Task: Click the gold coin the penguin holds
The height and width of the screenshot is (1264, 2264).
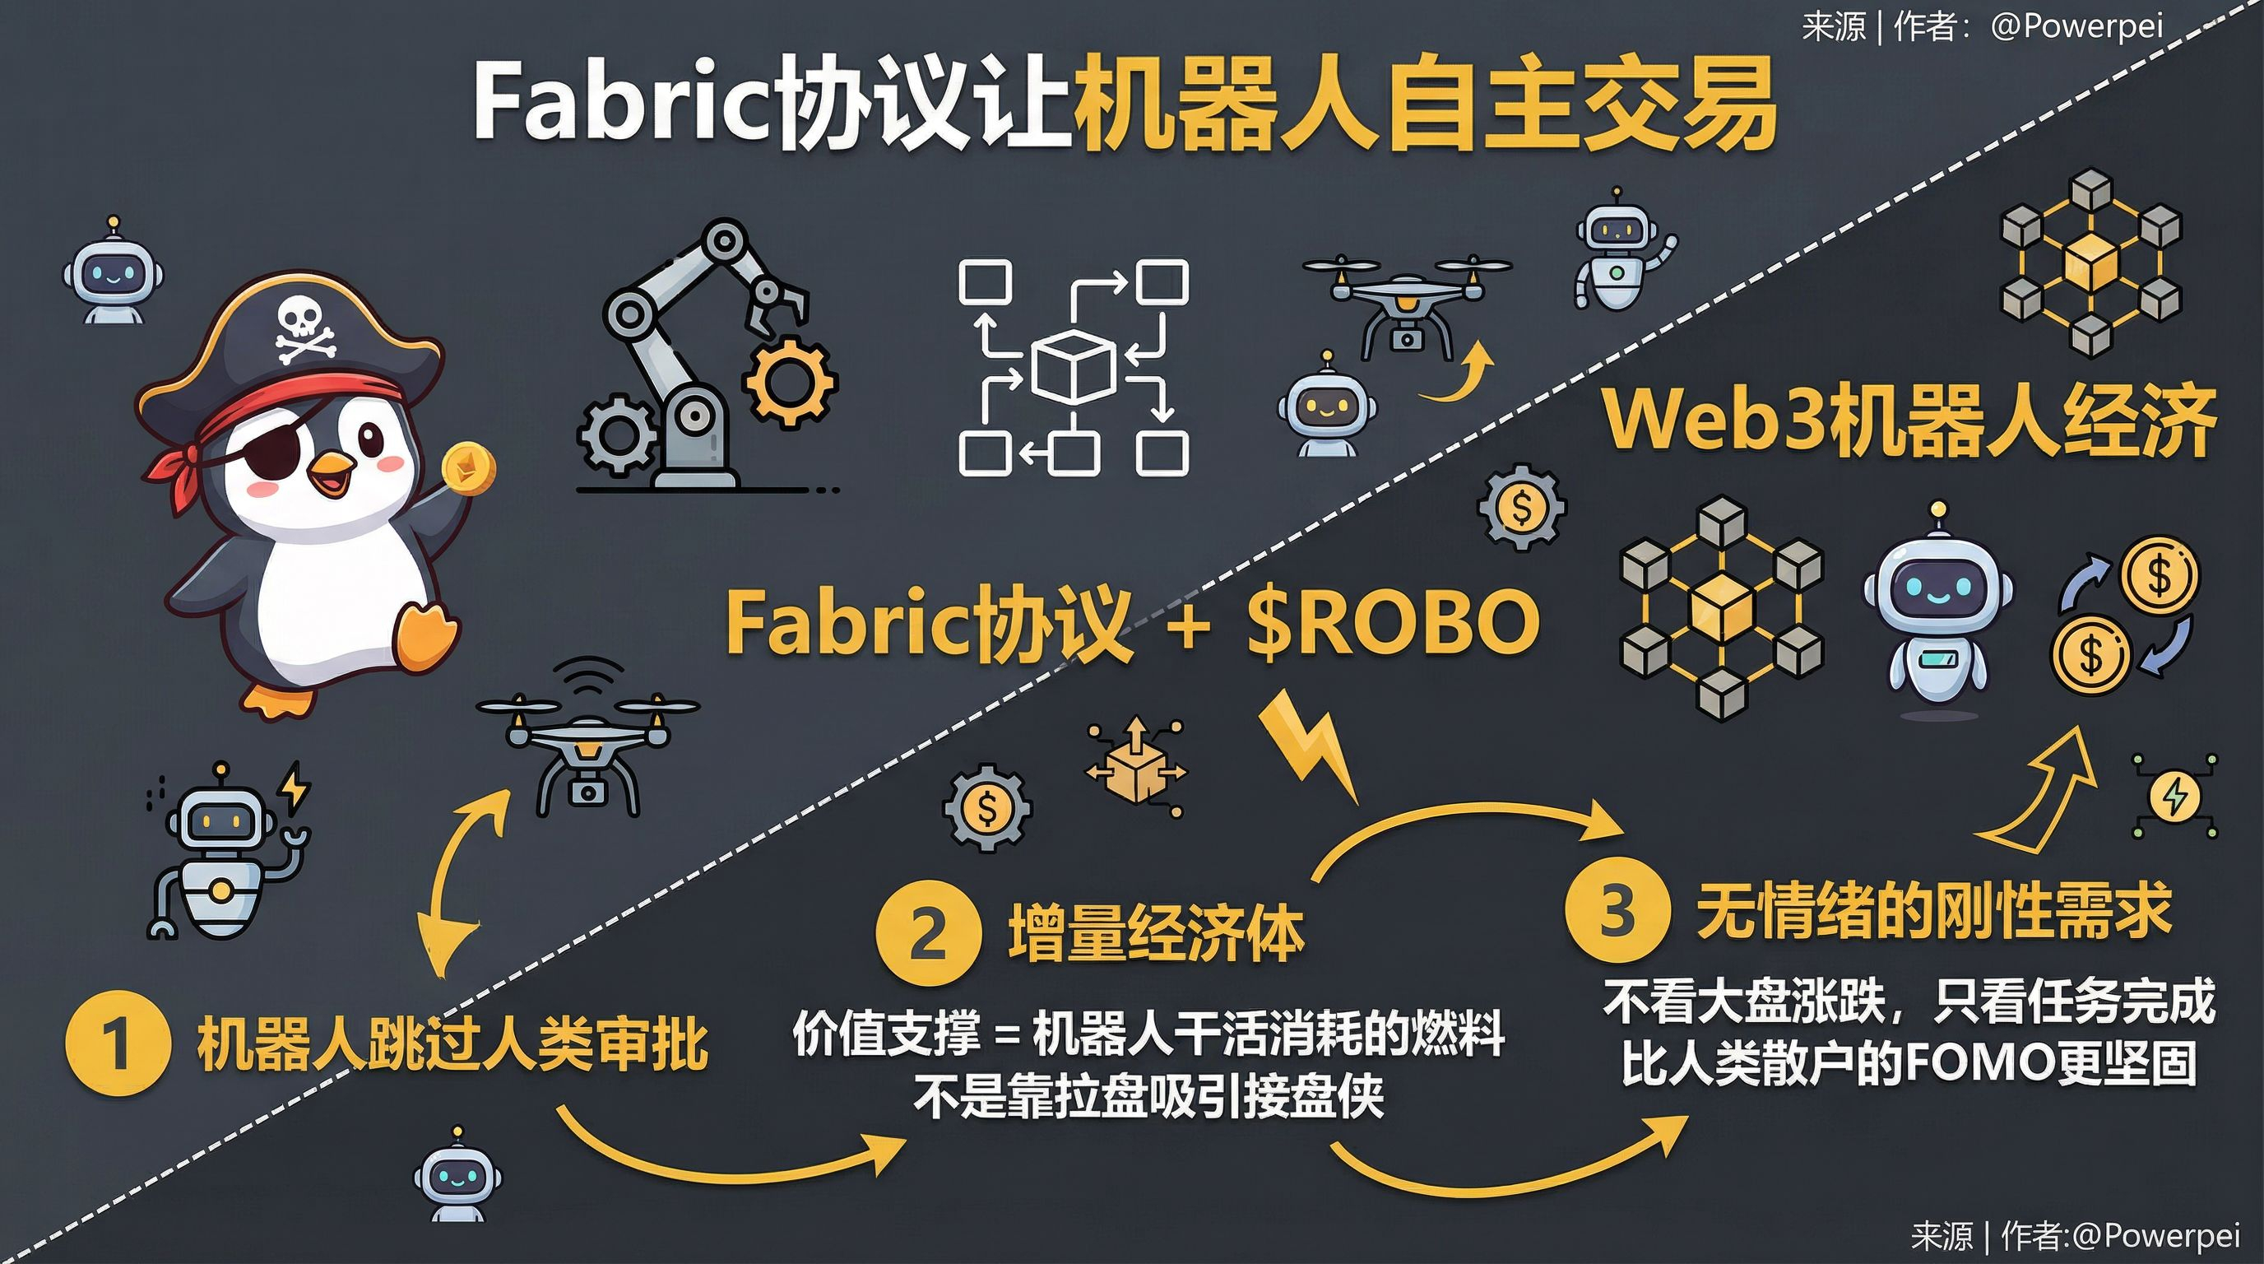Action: click(468, 467)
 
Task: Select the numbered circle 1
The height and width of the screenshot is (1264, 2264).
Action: click(117, 1043)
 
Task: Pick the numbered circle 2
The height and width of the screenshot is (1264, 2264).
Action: click(928, 934)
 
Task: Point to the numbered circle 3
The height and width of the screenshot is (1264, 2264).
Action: click(1617, 911)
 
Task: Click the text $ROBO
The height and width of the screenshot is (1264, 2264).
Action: click(1393, 622)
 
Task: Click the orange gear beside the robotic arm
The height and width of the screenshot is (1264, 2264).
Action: click(787, 382)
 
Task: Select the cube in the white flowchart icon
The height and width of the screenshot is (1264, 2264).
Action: click(1073, 366)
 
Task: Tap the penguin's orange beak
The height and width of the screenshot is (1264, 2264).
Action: click(332, 475)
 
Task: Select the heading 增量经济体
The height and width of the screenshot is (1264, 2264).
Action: click(1155, 934)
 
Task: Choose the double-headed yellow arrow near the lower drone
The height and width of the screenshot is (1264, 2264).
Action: click(462, 879)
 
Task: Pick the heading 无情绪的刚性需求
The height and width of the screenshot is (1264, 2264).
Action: click(1933, 911)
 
